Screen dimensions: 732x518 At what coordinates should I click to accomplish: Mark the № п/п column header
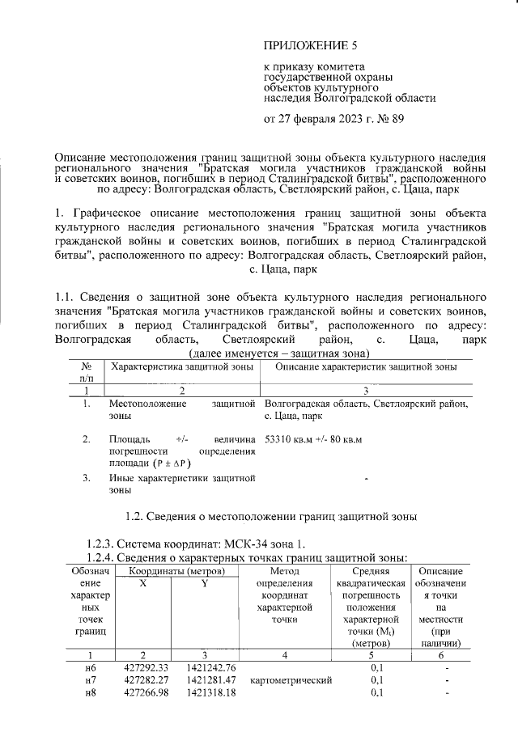tap(87, 372)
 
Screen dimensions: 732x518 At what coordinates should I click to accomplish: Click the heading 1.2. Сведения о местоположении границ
tap(258, 515)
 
